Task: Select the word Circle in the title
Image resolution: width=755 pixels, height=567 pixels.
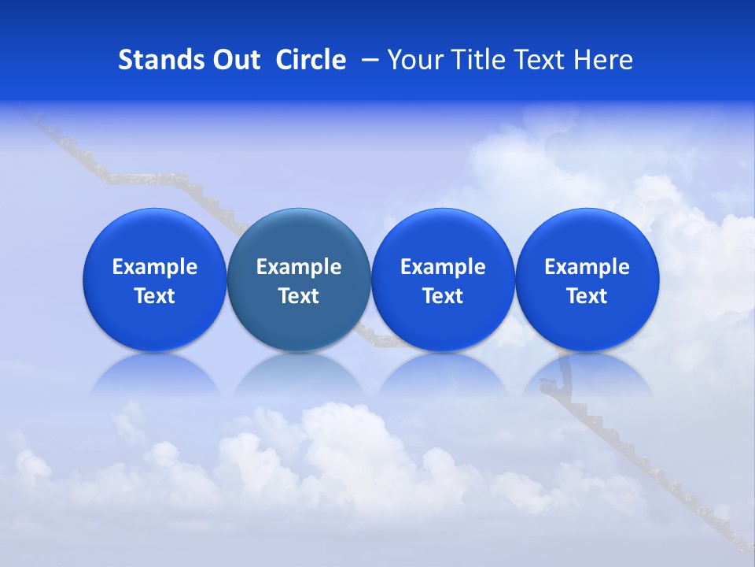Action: click(311, 60)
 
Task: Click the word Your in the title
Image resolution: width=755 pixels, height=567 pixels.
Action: click(413, 60)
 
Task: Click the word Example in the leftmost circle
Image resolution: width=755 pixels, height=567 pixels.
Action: click(155, 267)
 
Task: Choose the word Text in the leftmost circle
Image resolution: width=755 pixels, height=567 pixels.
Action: click(155, 296)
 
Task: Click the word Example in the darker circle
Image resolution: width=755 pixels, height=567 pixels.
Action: click(299, 267)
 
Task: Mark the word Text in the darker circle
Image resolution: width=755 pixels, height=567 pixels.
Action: click(299, 296)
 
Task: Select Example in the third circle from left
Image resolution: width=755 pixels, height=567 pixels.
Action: click(443, 267)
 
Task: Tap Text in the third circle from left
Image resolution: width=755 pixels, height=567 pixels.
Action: click(443, 296)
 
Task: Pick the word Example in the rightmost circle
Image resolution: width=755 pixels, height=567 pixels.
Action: click(587, 267)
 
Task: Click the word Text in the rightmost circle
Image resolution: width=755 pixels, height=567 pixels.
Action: click(587, 296)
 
